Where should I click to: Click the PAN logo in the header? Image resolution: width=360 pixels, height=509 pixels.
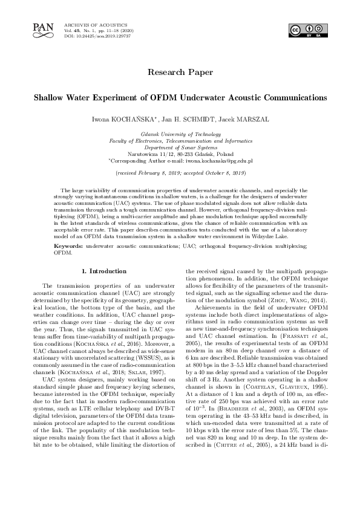[42, 28]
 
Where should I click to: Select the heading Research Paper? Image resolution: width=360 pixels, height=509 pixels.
[180, 72]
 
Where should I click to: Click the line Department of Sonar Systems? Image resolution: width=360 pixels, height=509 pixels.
[180, 148]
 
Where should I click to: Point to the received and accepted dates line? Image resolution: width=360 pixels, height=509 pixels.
[180, 173]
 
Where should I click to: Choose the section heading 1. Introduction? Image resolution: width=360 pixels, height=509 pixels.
[104, 271]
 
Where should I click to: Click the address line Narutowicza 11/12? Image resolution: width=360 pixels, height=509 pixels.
[180, 155]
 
